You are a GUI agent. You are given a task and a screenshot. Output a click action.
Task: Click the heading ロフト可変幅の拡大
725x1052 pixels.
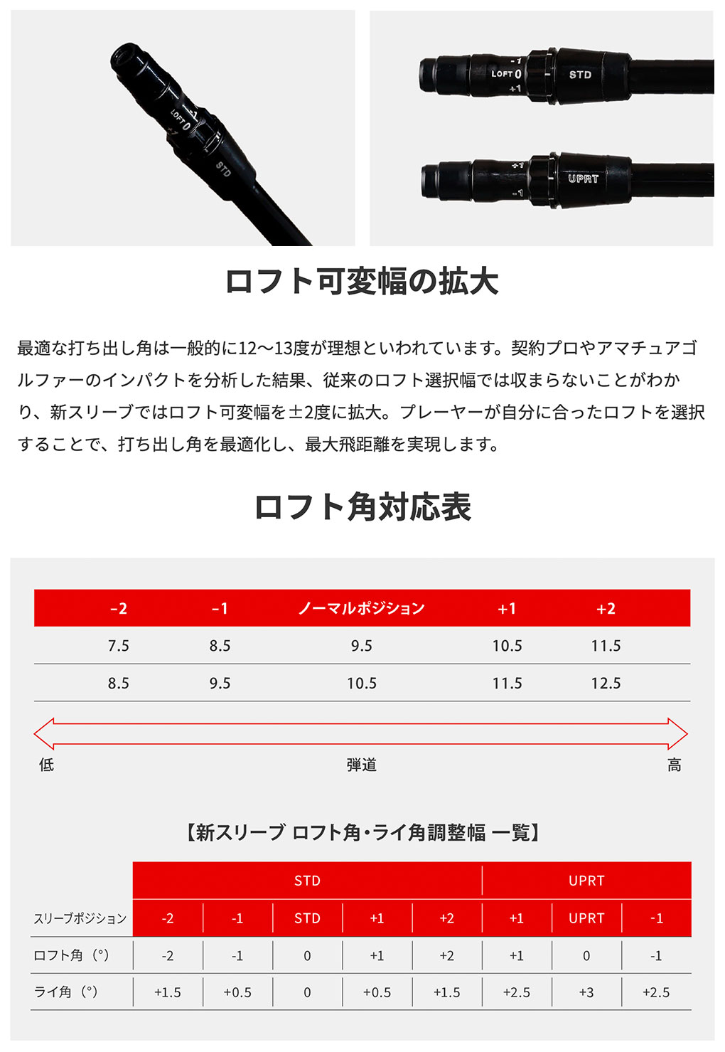point(362,282)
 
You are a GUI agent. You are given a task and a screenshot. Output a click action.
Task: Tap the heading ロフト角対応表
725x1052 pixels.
point(362,507)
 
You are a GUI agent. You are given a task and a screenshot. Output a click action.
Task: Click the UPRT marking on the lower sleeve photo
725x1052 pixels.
point(583,179)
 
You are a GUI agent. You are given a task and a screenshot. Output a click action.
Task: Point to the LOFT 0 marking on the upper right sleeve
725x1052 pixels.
point(506,73)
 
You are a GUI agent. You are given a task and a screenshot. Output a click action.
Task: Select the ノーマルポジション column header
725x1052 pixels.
point(361,608)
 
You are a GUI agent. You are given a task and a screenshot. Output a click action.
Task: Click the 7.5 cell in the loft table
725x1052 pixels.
point(119,646)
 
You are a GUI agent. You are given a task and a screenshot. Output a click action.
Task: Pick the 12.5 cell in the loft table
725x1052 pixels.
point(606,684)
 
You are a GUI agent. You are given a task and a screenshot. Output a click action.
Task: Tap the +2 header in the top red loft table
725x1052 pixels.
point(606,608)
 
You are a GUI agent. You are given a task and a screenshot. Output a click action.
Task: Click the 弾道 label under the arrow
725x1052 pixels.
point(361,765)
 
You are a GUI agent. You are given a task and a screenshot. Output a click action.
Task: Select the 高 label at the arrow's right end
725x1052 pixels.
point(674,765)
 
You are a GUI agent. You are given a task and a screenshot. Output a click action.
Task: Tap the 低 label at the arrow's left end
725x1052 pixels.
point(46,765)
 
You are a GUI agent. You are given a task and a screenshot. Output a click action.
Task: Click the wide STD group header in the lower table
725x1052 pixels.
point(307,881)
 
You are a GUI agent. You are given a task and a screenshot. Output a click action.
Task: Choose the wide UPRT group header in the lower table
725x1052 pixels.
point(586,881)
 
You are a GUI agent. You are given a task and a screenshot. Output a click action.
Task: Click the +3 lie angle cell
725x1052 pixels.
point(586,992)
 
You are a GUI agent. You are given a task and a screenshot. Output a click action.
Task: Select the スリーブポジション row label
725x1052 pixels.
point(80,918)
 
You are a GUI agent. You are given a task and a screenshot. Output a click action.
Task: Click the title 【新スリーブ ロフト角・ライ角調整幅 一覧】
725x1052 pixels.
point(362,832)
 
